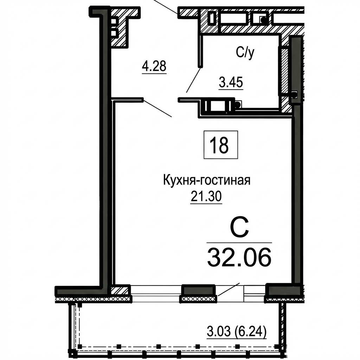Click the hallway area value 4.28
click(154, 66)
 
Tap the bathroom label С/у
click(245, 53)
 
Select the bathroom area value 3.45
click(231, 82)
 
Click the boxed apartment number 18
click(221, 144)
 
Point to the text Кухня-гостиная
click(207, 180)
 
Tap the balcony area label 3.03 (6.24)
click(237, 332)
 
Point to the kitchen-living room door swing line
click(157, 108)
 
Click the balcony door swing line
click(229, 289)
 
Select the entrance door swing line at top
click(165, 6)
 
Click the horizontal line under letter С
click(239, 243)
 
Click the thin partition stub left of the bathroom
click(201, 51)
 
